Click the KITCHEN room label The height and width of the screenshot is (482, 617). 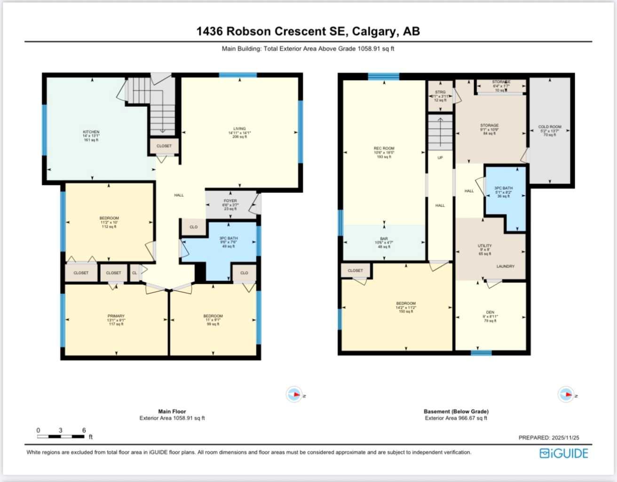[x=91, y=132]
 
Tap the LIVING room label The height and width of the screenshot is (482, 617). [x=239, y=129]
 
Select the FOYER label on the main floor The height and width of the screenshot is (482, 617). [x=230, y=201]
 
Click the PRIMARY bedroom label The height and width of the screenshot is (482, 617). [x=116, y=316]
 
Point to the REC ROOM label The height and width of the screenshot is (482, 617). [x=384, y=149]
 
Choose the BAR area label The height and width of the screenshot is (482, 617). [x=384, y=239]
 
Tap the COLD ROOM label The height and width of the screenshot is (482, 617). [x=549, y=127]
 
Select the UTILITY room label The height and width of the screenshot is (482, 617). [x=484, y=246]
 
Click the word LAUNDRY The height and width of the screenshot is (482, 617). [x=505, y=266]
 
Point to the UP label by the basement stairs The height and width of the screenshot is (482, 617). [x=440, y=158]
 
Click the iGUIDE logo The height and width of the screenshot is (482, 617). [x=564, y=453]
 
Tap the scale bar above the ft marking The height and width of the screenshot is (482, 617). [x=61, y=437]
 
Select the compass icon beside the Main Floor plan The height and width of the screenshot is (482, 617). [x=294, y=394]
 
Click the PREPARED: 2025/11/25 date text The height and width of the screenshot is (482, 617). [x=549, y=438]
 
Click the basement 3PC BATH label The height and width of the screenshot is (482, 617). [x=503, y=188]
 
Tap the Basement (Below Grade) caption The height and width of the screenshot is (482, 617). [x=456, y=411]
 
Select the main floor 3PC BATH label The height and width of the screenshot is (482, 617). [x=229, y=239]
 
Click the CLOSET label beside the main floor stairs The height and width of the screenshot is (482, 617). [x=164, y=146]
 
